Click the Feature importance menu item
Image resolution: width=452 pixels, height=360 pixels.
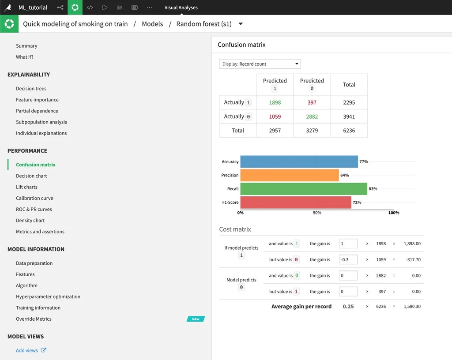[x=37, y=100]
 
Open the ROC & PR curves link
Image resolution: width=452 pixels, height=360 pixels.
[x=34, y=210]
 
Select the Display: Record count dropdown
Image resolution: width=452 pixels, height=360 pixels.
[x=260, y=64]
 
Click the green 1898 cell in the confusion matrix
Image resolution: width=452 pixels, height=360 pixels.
[x=275, y=102]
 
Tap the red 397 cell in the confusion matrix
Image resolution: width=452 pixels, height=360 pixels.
[x=312, y=102]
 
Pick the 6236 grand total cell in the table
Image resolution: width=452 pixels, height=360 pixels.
[x=349, y=131]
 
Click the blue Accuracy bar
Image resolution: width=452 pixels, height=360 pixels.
[x=299, y=161]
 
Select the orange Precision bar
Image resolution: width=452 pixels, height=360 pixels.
[x=290, y=175]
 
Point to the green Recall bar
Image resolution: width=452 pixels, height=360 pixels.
[x=304, y=189]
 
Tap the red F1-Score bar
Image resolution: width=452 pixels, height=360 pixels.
[x=296, y=202]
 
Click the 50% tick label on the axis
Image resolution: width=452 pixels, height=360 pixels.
[x=317, y=213]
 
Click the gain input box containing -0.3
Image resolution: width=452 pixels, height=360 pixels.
[x=348, y=259]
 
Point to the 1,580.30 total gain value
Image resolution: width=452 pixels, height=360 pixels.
[x=412, y=307]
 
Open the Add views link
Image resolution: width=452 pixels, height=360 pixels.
[x=27, y=350]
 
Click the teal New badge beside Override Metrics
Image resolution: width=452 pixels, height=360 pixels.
[x=196, y=319]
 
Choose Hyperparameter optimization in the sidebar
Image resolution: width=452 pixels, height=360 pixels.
[x=48, y=296]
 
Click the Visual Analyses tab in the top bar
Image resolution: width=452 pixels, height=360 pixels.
[x=181, y=7]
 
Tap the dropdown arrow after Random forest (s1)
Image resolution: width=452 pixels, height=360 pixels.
[x=241, y=24]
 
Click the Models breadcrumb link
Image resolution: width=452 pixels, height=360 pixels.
[x=152, y=24]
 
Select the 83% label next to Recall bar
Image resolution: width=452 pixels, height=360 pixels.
[x=373, y=189]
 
